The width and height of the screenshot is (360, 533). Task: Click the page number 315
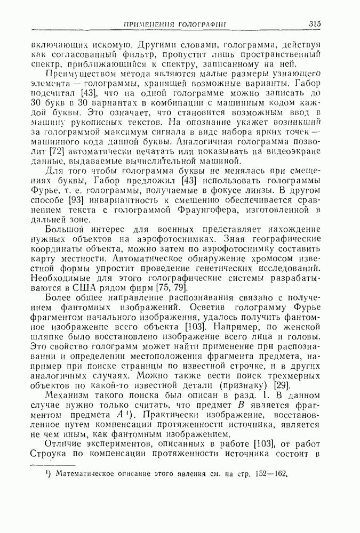coord(314,23)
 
